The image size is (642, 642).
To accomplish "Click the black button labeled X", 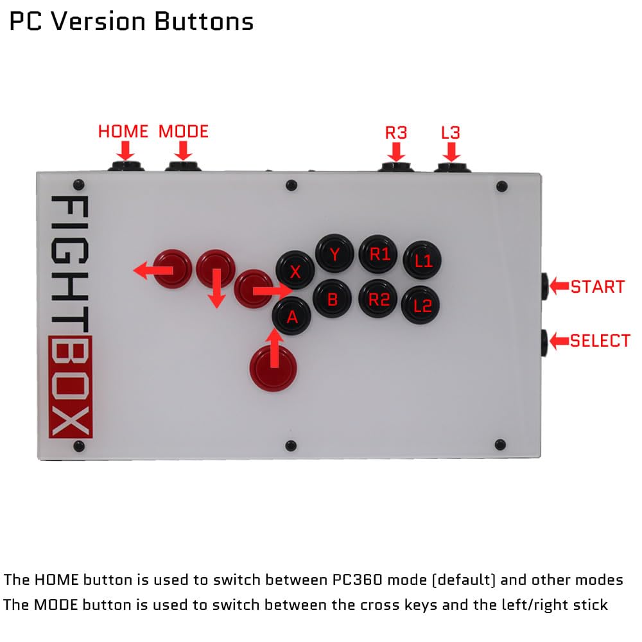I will tap(295, 271).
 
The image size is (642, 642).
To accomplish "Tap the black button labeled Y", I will tap(334, 255).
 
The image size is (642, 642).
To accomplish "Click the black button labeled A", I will tap(292, 315).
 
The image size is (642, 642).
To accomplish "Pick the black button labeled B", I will tap(332, 299).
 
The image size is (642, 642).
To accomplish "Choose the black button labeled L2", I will tap(421, 305).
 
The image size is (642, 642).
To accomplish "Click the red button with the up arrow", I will tap(274, 366).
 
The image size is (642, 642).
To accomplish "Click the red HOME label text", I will tap(123, 132).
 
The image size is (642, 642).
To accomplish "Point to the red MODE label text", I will tap(184, 132).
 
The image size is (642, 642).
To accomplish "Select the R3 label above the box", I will tap(396, 133).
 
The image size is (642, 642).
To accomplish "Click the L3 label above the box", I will tap(451, 133).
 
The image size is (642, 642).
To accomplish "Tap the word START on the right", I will tap(598, 287).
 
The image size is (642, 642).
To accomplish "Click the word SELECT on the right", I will tap(600, 341).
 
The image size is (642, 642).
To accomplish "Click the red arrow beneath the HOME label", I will tap(125, 151).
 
